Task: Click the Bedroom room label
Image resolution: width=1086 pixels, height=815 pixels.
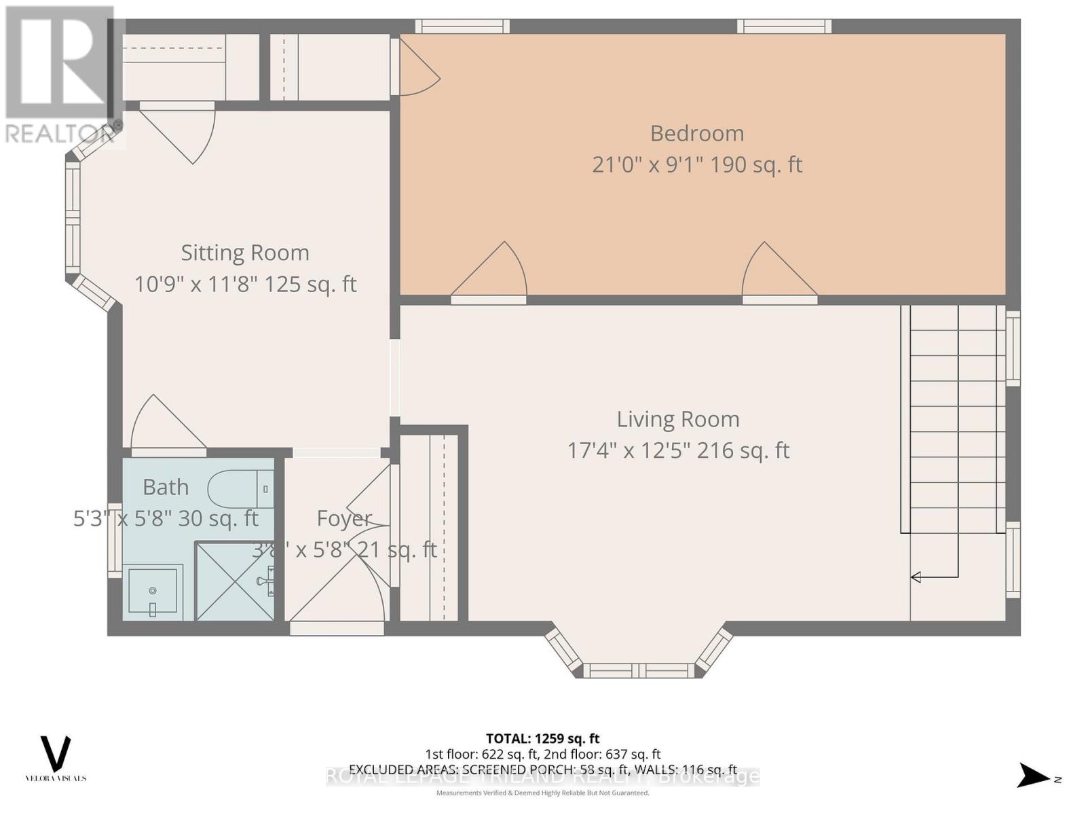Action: (697, 133)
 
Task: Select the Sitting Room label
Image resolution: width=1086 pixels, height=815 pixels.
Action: (245, 253)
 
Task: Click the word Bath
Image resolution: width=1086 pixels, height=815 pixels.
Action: (166, 487)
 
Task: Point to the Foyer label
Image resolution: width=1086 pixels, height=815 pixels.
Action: (344, 518)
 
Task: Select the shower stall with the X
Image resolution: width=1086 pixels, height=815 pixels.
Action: (235, 581)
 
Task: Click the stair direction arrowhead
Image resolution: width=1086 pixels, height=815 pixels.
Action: (916, 577)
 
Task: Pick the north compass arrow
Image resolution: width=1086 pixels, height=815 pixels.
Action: (1033, 776)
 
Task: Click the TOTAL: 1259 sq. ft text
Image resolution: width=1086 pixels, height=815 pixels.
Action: (542, 738)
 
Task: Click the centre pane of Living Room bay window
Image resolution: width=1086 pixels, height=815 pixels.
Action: (638, 671)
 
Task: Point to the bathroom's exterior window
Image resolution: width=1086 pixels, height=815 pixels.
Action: (115, 541)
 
